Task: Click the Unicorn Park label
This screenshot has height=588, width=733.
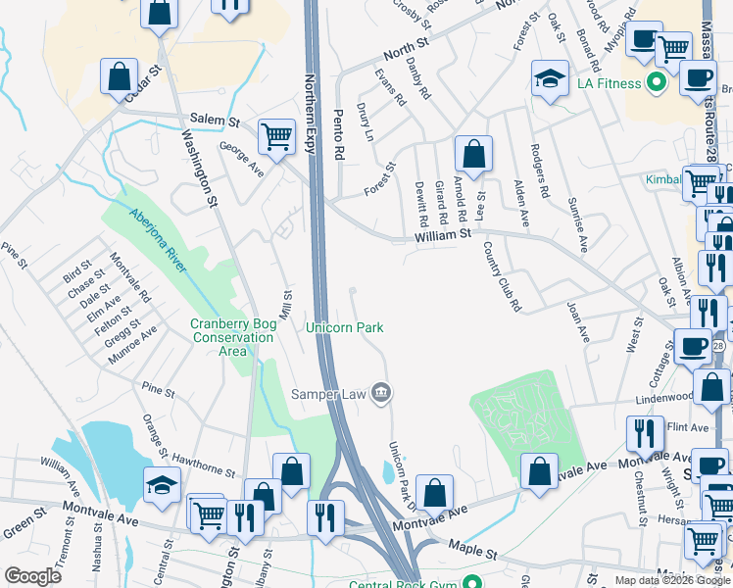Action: click(x=345, y=327)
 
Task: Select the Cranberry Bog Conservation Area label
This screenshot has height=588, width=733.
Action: click(x=232, y=337)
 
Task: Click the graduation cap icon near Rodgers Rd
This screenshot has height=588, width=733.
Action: click(x=550, y=78)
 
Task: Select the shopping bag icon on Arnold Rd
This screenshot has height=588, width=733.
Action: click(x=473, y=154)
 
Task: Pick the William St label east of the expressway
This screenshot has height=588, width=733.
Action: click(x=442, y=234)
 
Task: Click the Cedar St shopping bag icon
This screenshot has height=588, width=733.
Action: click(x=119, y=78)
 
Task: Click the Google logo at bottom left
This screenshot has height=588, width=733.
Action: click(x=32, y=575)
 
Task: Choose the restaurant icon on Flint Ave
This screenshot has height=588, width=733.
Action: click(x=645, y=433)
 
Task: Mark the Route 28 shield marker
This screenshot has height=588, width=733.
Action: click(x=718, y=346)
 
